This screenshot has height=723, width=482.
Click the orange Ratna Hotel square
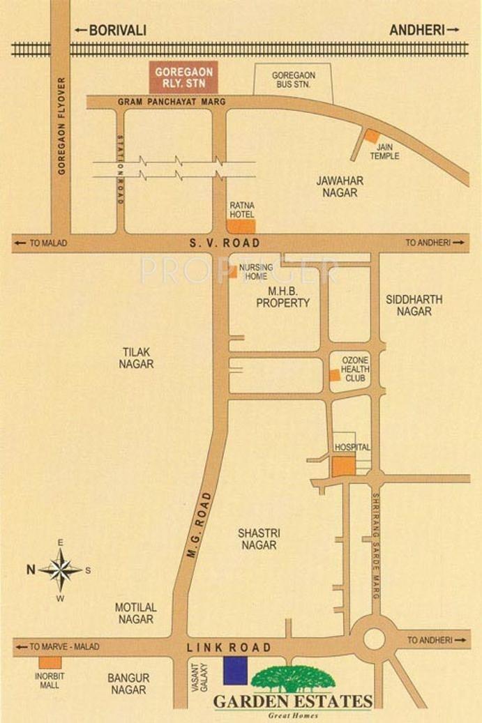click(242, 226)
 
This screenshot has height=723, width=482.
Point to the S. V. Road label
click(225, 243)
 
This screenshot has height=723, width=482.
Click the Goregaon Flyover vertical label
click(61, 125)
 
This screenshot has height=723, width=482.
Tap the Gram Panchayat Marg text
click(172, 102)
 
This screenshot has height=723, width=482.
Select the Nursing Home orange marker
click(232, 272)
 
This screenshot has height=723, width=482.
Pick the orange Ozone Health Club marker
click(336, 375)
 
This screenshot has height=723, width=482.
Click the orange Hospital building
click(342, 466)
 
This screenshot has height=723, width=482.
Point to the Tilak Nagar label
click(136, 358)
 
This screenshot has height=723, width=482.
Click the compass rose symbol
click(61, 570)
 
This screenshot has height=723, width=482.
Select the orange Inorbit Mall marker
click(49, 663)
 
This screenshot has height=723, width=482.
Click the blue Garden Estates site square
click(235, 670)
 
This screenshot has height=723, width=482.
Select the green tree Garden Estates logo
click(293, 678)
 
